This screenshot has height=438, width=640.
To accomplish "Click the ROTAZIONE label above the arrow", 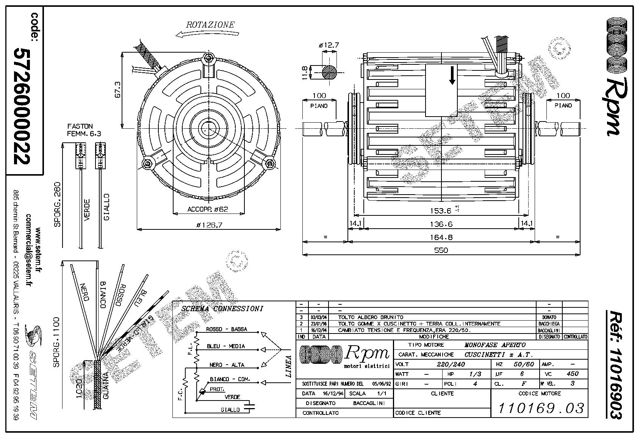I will pos(210,25).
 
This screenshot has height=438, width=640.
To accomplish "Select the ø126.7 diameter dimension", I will pos(209,225).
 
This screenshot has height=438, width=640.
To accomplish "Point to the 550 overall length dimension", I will pos(441,250).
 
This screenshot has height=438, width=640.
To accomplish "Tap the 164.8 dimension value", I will pos(441,237).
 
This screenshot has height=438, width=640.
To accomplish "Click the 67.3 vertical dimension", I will pos(118,90).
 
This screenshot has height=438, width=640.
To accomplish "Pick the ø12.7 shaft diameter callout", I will pos(329,45).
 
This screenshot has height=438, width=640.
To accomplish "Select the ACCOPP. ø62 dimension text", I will pos(208,209).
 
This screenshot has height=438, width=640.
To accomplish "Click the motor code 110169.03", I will pos(541,408).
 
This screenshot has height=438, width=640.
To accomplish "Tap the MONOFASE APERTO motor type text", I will pos(495,345).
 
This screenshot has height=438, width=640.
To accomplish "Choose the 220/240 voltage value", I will pos(451,364).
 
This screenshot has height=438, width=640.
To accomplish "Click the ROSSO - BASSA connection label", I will pos(226,329).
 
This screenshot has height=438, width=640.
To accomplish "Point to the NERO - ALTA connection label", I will pos(227,365).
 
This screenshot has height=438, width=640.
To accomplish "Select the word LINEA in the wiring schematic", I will pos(288,366).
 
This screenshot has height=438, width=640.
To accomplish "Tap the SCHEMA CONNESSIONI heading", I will pos(222,309).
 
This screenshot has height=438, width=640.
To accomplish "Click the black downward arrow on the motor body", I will pos(452,76).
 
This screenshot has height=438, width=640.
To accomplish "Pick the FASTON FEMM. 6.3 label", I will pos(80,129).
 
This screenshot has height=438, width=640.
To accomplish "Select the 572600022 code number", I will pos(21,106).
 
